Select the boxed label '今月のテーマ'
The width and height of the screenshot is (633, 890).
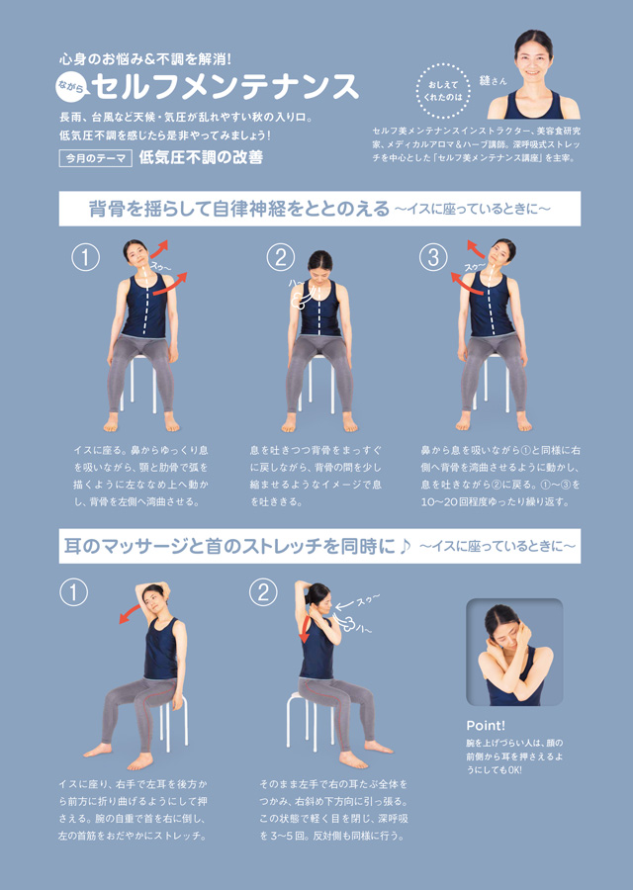(x=95, y=158)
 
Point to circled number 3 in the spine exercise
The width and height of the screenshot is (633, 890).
(x=433, y=258)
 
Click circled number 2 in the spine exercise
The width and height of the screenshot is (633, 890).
(x=281, y=258)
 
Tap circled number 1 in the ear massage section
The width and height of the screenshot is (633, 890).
(x=74, y=592)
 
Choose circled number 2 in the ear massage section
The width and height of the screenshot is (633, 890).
(x=263, y=592)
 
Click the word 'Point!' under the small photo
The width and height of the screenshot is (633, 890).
(x=486, y=726)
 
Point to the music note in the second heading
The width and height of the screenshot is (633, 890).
(x=405, y=546)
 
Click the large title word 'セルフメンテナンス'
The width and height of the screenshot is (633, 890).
(x=225, y=87)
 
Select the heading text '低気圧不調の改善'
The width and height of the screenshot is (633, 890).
(x=201, y=157)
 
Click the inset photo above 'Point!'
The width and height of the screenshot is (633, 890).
(x=514, y=652)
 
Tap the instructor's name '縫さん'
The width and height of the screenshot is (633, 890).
(x=493, y=81)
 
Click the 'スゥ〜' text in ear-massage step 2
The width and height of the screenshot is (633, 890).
(x=368, y=600)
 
